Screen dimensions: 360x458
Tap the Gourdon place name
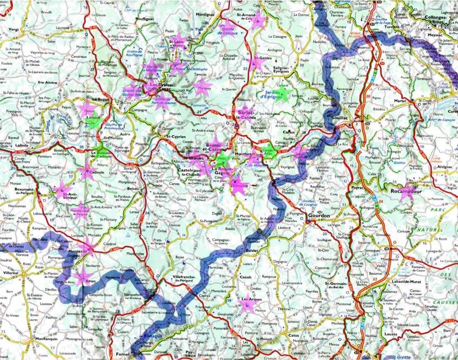pyautogui.click(x=319, y=216)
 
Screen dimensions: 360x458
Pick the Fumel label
pyautogui.click(x=122, y=354)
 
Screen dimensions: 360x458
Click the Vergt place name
pyautogui.click(x=13, y=29)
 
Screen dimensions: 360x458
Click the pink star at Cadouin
pyautogui.click(x=87, y=171)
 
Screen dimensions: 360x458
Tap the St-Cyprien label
pyautogui.click(x=176, y=136)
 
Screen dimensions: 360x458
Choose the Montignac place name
pyautogui.click(x=205, y=15)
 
